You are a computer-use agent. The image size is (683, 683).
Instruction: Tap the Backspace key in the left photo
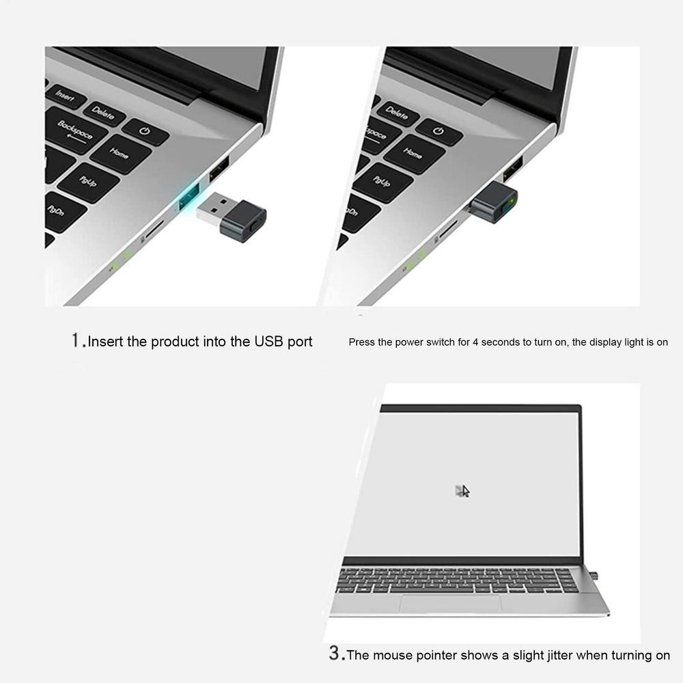pyautogui.click(x=75, y=130)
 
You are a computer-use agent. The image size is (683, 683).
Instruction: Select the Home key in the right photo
pyautogui.click(x=413, y=154)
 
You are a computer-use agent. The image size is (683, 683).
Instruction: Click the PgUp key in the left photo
pyautogui.click(x=88, y=182)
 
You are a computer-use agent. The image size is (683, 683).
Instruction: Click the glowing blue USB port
pyautogui.click(x=189, y=197)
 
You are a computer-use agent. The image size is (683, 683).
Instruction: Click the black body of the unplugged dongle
pyautogui.click(x=243, y=221)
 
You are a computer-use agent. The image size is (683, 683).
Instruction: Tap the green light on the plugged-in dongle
pyautogui.click(x=510, y=202)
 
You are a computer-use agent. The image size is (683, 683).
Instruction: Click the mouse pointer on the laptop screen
pyautogui.click(x=464, y=491)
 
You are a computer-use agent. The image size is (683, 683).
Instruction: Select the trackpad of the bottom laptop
pyautogui.click(x=451, y=604)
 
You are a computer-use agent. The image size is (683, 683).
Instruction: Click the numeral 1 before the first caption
pyautogui.click(x=76, y=340)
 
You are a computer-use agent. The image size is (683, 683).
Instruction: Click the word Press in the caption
pyautogui.click(x=361, y=342)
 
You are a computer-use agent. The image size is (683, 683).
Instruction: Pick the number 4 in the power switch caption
pyautogui.click(x=475, y=342)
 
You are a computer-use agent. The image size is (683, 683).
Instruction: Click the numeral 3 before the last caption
pyautogui.click(x=334, y=653)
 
